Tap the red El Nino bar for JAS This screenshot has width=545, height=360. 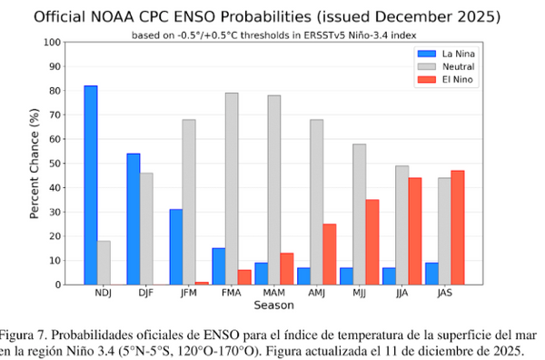click(458, 227)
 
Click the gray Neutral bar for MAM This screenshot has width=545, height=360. click(273, 190)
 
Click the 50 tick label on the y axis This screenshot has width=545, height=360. click(55, 164)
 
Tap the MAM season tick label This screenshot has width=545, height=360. click(273, 295)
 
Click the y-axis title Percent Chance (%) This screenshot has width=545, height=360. click(34, 164)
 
